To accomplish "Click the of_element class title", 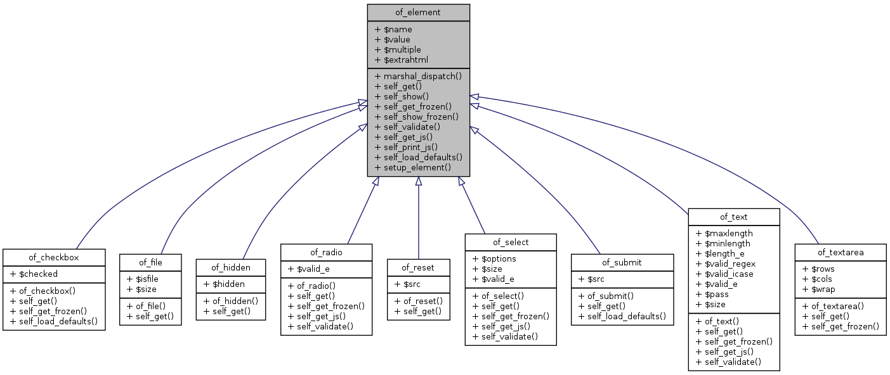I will (x=418, y=12).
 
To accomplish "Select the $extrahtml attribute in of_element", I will (x=402, y=60).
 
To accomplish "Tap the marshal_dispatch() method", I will (x=418, y=76).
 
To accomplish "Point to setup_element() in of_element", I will (x=413, y=167).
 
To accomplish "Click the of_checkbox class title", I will (x=53, y=257).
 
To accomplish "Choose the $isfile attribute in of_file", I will (x=143, y=279).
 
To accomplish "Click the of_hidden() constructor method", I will (x=231, y=300).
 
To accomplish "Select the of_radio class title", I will (x=326, y=252).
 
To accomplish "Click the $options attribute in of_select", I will (x=494, y=258).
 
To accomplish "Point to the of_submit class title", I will (x=622, y=262).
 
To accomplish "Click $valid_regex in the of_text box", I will (x=726, y=264).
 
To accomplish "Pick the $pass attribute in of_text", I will (x=712, y=294).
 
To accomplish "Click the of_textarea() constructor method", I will (x=836, y=306).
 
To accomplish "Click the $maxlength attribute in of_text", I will (x=724, y=233).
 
